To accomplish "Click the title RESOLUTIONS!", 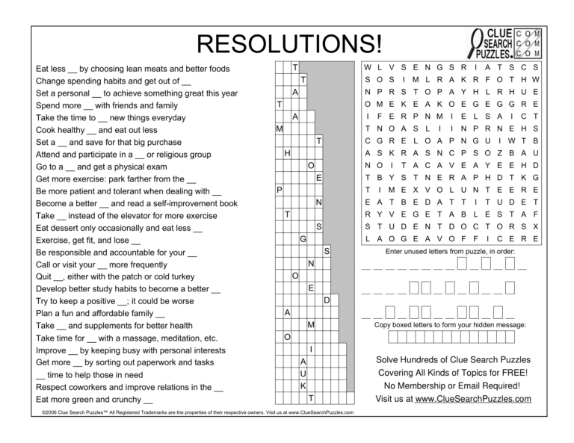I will point(288,44).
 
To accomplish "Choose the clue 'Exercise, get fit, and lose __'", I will point(88,240).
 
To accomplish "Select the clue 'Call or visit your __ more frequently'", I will point(102,264).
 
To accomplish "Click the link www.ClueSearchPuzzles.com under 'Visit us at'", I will point(473,399).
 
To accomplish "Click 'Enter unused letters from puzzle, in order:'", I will point(449,252).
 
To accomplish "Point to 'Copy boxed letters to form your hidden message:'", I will point(450,325).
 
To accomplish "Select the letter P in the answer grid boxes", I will point(279,190).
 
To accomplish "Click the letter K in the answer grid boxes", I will point(303,385).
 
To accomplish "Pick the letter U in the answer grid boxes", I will point(303,374).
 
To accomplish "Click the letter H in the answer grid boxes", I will point(287,153).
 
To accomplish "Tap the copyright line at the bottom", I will point(194,412).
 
